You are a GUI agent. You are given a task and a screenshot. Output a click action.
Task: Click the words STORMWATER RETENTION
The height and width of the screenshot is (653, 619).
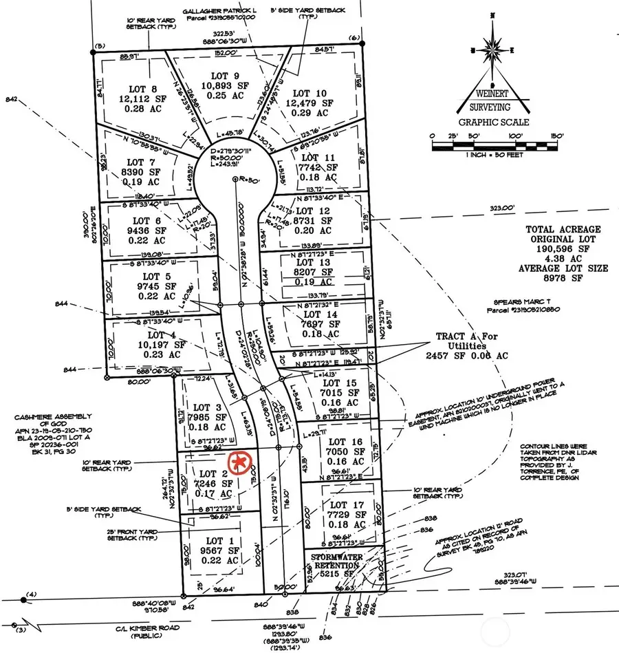tap(336, 558)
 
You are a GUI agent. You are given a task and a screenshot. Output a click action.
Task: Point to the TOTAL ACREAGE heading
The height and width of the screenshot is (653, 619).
tap(563, 229)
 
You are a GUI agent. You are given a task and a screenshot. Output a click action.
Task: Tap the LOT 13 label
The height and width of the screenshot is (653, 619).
tap(313, 262)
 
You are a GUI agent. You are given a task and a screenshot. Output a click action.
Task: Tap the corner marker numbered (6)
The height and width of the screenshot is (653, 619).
tap(354, 39)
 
